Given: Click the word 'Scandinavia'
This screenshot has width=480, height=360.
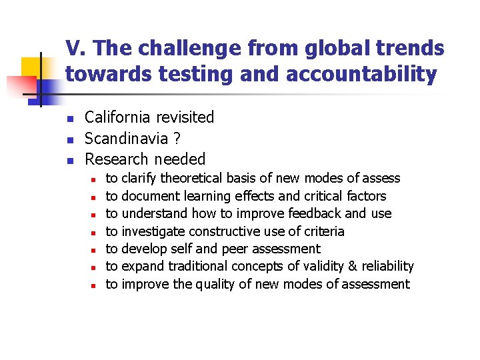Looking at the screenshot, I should click(x=125, y=139).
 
